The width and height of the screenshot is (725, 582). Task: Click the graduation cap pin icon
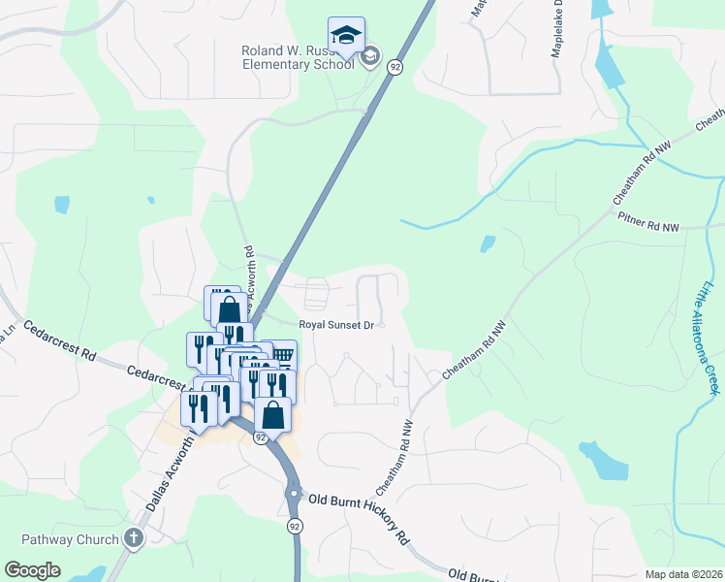[x=346, y=35]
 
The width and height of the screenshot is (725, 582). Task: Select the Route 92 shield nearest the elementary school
[x=394, y=66]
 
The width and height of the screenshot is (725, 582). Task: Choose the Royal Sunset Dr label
[x=335, y=325]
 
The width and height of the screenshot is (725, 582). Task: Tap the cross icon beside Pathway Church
[x=134, y=538]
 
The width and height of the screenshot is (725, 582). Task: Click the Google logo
[x=32, y=570]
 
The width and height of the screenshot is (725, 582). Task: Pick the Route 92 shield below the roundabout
[x=294, y=525]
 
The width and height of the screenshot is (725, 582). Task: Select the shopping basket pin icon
[x=281, y=355]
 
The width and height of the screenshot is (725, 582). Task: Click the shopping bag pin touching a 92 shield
[x=274, y=414]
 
